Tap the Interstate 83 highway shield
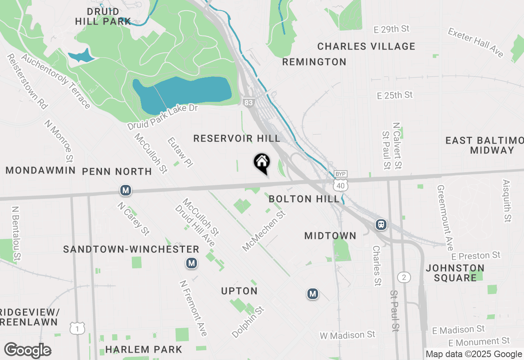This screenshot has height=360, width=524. point(248,102)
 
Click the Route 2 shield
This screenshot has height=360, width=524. point(404,278)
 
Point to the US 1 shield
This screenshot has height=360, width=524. point(77,328)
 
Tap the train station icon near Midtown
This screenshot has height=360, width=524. point(381,224)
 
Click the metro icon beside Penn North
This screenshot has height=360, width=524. point(126,190)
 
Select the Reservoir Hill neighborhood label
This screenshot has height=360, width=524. point(237,139)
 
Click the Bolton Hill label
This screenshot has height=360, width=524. point(304,199)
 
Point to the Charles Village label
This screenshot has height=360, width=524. point(366,46)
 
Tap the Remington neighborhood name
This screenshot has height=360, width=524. point(314,62)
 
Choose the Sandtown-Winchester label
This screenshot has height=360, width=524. point(131,249)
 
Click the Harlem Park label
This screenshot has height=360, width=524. point(143,349)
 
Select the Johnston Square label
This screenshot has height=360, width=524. point(455,273)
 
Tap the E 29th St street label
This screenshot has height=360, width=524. point(392,29)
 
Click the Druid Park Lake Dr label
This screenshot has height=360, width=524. point(163,117)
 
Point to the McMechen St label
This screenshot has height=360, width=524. point(264,231)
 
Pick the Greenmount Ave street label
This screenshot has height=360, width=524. point(445,218)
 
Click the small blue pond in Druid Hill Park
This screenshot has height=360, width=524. point(81,56)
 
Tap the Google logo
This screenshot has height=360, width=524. point(27,351)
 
